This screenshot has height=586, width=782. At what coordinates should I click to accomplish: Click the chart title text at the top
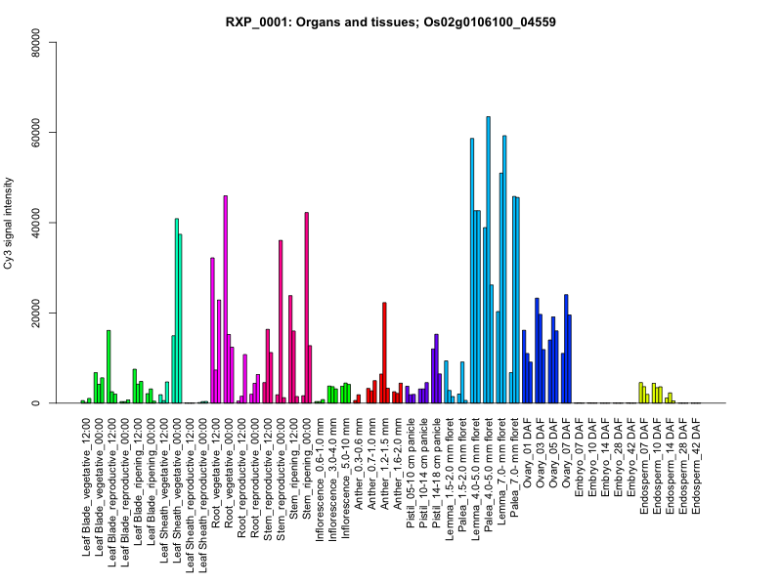click(x=390, y=21)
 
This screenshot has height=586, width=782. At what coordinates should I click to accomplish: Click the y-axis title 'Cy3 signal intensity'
click(x=11, y=223)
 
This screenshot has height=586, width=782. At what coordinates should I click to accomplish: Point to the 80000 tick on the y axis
click(x=35, y=42)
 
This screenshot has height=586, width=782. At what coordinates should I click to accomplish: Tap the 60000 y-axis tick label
click(x=35, y=132)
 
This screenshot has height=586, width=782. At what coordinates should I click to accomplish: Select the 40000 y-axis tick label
click(x=35, y=223)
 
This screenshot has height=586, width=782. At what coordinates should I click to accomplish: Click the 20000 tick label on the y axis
click(x=35, y=313)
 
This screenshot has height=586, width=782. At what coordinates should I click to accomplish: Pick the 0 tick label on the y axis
click(x=35, y=403)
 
